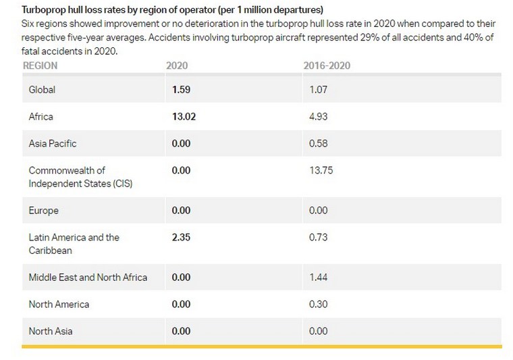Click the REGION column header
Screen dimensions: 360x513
click(40, 66)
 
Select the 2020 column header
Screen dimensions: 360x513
click(177, 66)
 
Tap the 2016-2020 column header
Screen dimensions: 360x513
click(327, 66)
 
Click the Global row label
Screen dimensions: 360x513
click(42, 89)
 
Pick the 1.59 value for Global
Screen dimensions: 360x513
click(182, 89)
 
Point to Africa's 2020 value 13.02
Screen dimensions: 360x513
click(184, 116)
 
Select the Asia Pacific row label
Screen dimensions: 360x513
click(52, 143)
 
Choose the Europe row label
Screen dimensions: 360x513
click(43, 210)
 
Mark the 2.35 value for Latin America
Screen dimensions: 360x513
click(182, 237)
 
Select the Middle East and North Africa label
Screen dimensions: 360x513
click(88, 277)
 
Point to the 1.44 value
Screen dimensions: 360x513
click(317, 277)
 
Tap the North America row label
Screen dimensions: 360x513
click(59, 304)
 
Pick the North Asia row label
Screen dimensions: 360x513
click(51, 331)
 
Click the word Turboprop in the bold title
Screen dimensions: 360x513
click(44, 11)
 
